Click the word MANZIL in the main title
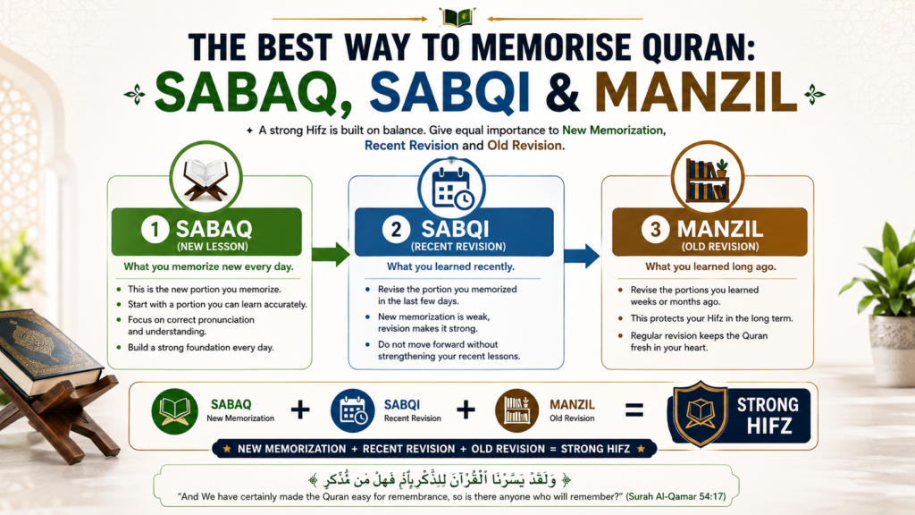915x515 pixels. pos(695,92)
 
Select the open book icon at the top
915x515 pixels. pos(457,17)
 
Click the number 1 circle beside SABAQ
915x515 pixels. pos(155,230)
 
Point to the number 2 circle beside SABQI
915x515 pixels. pos(396,230)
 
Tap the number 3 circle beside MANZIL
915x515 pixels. pos(655,230)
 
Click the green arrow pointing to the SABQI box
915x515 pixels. pos(331,254)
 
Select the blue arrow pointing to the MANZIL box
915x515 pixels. pos(582,255)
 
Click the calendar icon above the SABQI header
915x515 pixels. pos(452,188)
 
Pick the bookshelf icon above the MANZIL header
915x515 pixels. pos(708,181)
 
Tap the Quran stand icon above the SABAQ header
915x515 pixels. pos(206,179)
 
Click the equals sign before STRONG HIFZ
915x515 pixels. pos(634,409)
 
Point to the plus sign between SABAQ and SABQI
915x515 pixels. pos(300,409)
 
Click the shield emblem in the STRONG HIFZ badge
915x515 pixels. pos(701,413)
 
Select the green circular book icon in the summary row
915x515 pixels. pos(174,411)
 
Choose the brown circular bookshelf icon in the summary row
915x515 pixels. pos(517,410)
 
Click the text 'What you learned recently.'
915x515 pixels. pos(450,266)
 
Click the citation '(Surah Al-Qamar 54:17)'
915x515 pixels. pos(676,497)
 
